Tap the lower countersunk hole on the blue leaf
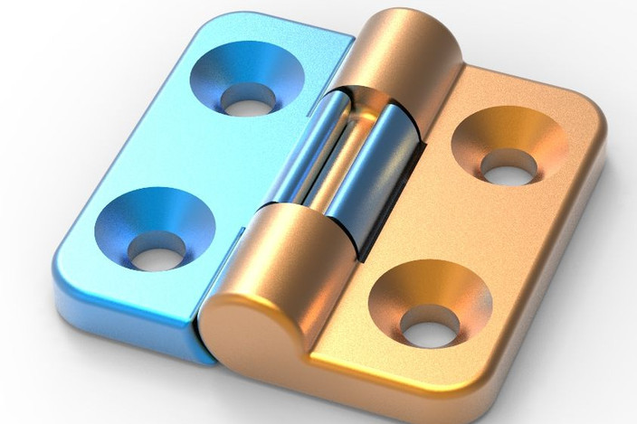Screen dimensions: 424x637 155,228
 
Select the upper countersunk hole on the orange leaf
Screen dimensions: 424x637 509,148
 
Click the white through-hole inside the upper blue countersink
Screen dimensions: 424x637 245,100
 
